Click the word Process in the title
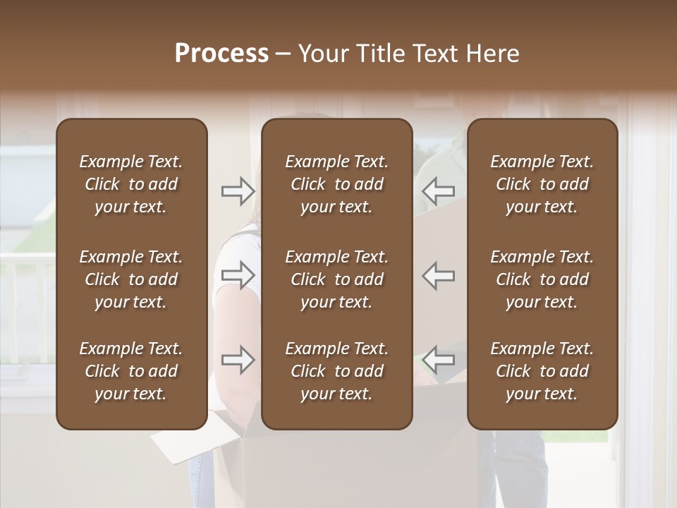tap(221, 54)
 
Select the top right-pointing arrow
tap(238, 190)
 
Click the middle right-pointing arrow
tap(238, 275)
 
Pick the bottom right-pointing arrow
tap(238, 360)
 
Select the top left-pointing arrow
tap(439, 190)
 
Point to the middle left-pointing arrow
tap(439, 275)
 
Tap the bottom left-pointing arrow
tap(439, 360)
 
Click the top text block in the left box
tap(131, 184)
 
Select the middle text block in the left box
tap(131, 279)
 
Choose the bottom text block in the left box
tap(131, 371)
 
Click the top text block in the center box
tap(336, 184)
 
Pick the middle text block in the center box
tap(336, 279)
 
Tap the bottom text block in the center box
tap(336, 371)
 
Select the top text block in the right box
tap(542, 184)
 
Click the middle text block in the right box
tap(542, 279)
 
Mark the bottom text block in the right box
tap(542, 371)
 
